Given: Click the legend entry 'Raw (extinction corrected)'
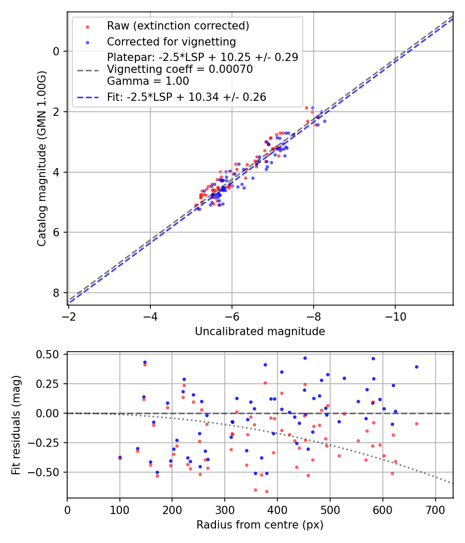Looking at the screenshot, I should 178,26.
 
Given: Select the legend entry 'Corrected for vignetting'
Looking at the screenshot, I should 171,42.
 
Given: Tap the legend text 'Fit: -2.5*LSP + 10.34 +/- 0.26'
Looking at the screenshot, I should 187,97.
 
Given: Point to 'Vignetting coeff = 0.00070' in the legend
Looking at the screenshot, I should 180,69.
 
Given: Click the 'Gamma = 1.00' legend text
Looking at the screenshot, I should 148,81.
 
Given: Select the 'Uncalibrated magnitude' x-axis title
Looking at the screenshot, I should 260,331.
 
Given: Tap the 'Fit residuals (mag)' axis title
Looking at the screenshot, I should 16,426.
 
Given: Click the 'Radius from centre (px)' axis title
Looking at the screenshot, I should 260,525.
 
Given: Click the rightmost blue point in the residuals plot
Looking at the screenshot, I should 416,367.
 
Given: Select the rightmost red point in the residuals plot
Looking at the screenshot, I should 416,424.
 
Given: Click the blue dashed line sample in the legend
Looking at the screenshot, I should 87,97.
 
